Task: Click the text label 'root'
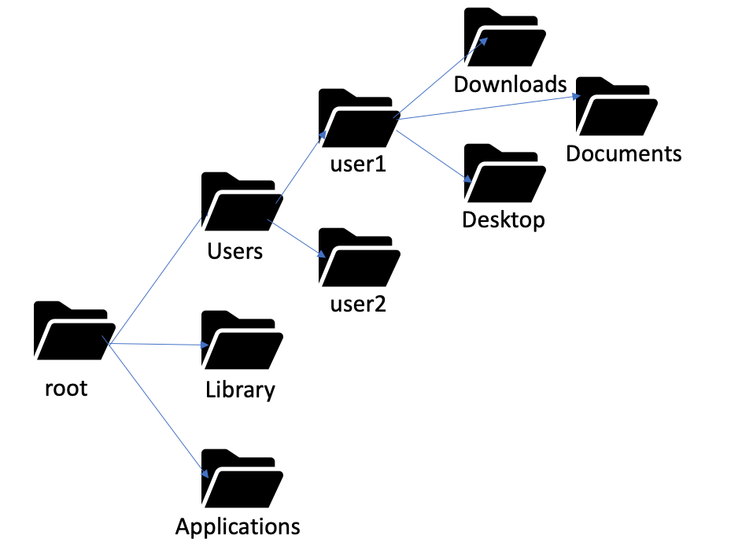tap(66, 388)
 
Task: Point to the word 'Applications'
tap(238, 526)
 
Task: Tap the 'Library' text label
tap(240, 389)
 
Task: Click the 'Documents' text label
tap(623, 153)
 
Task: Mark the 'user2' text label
tap(358, 303)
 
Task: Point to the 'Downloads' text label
tap(510, 84)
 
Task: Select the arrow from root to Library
tap(157, 345)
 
